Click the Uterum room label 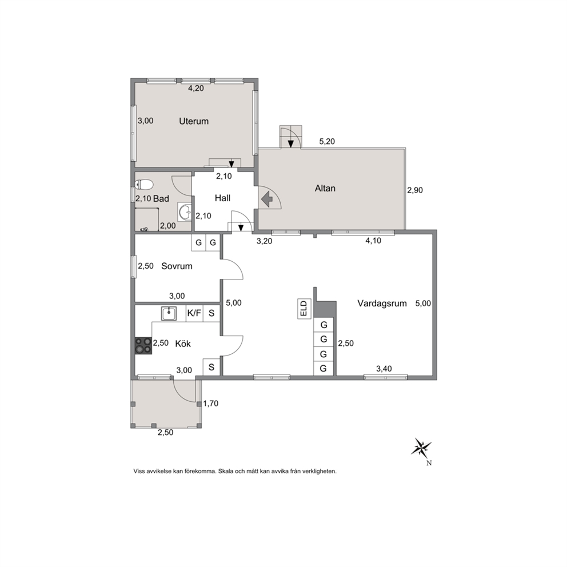pyautogui.click(x=194, y=121)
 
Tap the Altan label pyautogui.click(x=325, y=188)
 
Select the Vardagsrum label pyautogui.click(x=382, y=304)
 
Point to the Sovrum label pyautogui.click(x=177, y=266)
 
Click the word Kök pyautogui.click(x=183, y=344)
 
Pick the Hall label pyautogui.click(x=222, y=198)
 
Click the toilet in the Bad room pyautogui.click(x=143, y=185)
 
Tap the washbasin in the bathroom pyautogui.click(x=185, y=211)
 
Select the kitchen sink pyautogui.click(x=169, y=313)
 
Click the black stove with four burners pyautogui.click(x=143, y=346)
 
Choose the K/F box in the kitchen pyautogui.click(x=194, y=313)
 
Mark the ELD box pyautogui.click(x=304, y=309)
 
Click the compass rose pyautogui.click(x=421, y=448)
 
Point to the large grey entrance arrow pyautogui.click(x=267, y=199)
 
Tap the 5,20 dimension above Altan pyautogui.click(x=327, y=141)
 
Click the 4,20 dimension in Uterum pyautogui.click(x=196, y=88)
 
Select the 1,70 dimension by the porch pyautogui.click(x=211, y=404)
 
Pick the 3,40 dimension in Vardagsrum pyautogui.click(x=384, y=369)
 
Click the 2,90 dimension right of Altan pyautogui.click(x=415, y=190)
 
